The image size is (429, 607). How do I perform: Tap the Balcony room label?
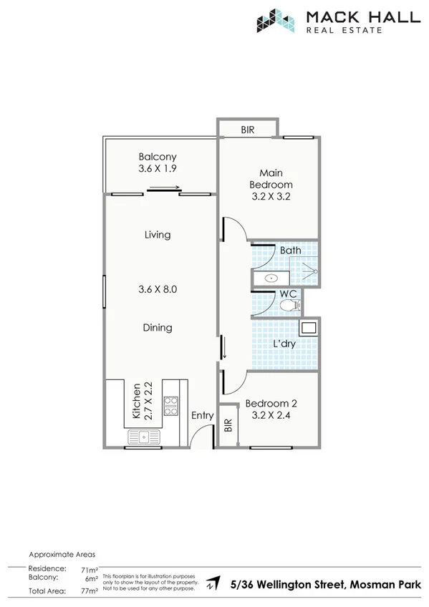coord(158,157)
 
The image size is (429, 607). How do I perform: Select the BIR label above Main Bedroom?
coord(248,130)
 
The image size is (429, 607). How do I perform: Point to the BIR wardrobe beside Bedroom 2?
coord(228,427)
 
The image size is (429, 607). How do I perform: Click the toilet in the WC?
coord(289,306)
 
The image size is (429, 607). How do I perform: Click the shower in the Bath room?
coord(309,270)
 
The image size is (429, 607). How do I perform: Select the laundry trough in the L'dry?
coord(308,329)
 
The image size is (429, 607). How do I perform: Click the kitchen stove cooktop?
coord(171,407)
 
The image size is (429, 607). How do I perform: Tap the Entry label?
coord(203,415)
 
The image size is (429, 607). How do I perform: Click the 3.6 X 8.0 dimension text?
coord(158,290)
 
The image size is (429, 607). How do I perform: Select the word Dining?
coord(158,328)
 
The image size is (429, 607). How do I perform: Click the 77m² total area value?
coord(90,592)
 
